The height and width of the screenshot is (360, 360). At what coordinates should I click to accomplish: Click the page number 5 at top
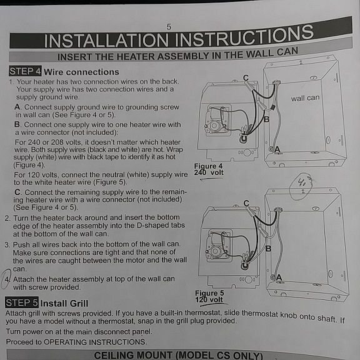[x=169, y=26]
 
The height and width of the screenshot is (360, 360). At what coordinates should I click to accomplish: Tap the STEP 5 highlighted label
[x=22, y=302]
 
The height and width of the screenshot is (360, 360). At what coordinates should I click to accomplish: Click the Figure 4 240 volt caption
[x=208, y=169]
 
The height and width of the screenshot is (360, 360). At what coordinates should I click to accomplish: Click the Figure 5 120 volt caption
[x=209, y=296]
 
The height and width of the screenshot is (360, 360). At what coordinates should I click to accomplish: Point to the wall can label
[x=304, y=98]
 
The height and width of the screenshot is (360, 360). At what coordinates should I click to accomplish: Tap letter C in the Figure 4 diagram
[x=246, y=77]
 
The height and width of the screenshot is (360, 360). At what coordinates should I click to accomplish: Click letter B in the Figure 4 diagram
[x=266, y=119]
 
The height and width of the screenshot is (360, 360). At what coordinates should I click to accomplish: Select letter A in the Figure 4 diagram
[x=277, y=150]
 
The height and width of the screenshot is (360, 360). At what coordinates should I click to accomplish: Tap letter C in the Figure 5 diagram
[x=247, y=203]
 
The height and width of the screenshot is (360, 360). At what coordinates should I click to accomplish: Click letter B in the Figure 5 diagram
[x=268, y=248]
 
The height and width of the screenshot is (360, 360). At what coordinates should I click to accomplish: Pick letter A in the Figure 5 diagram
[x=279, y=277]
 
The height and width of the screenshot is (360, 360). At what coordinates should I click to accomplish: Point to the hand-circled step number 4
[x=7, y=279]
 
